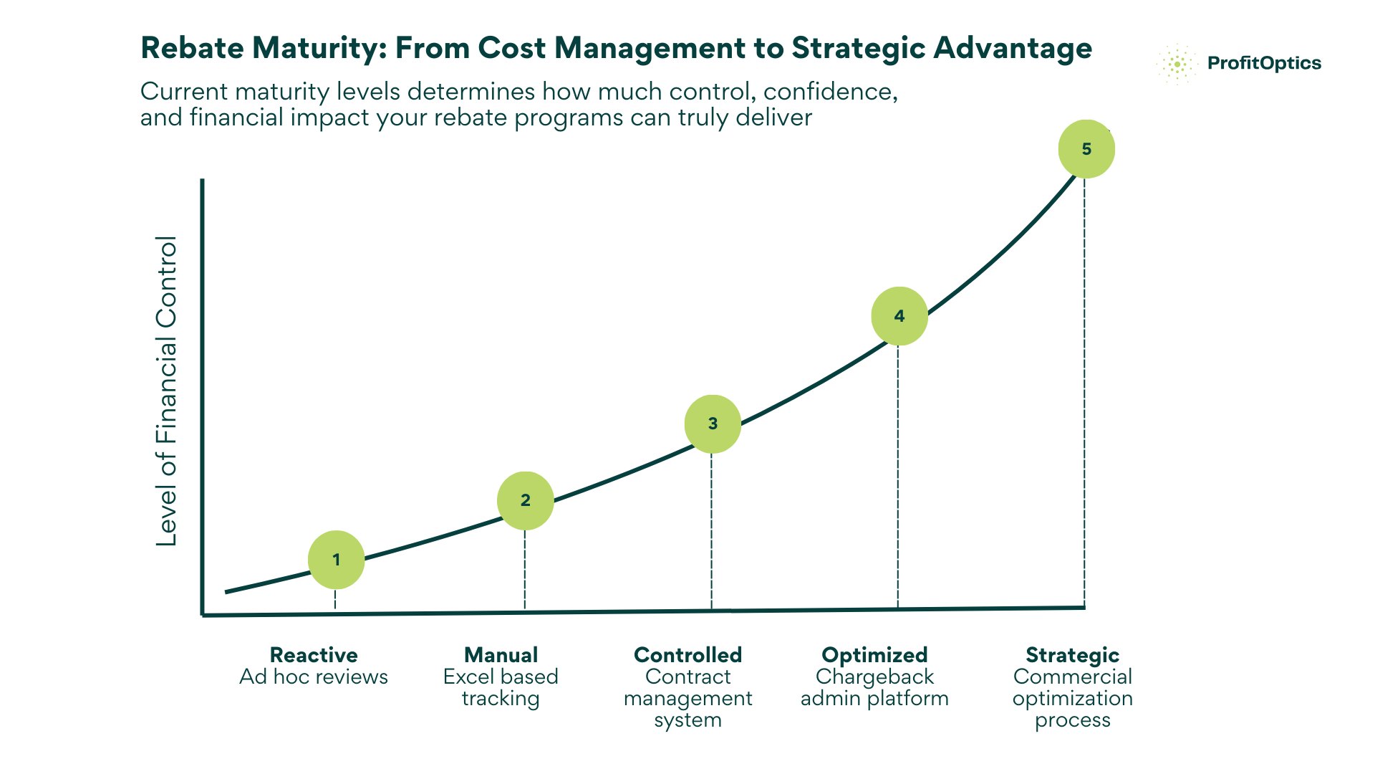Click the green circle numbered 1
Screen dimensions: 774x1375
336,560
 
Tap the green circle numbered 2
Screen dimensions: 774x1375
525,500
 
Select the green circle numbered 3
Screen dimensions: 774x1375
713,424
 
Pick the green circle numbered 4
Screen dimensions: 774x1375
899,316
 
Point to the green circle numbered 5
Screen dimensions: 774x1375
1086,149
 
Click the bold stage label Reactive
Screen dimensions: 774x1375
314,655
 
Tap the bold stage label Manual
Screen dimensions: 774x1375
501,655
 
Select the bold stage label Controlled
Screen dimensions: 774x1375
687,655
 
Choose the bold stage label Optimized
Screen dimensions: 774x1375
874,655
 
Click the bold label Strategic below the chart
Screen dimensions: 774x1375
1072,655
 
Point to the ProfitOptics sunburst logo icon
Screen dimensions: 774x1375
1177,64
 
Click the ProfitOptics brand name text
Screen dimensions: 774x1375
1264,63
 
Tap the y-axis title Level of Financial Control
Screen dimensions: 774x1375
167,391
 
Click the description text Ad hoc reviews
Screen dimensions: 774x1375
314,677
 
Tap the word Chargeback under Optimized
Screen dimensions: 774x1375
874,677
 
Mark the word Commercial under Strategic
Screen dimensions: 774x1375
1072,677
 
